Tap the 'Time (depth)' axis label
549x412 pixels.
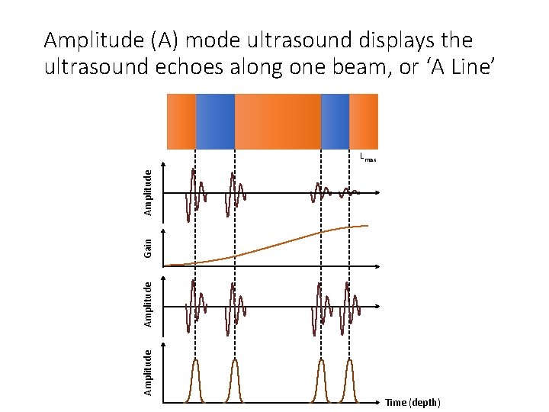413,402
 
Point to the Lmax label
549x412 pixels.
368,158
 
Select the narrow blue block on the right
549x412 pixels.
335,121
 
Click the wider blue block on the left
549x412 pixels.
215,121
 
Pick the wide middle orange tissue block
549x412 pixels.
278,121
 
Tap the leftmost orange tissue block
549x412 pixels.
181,121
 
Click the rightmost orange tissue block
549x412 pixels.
364,121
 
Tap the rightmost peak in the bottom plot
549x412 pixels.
349,378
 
